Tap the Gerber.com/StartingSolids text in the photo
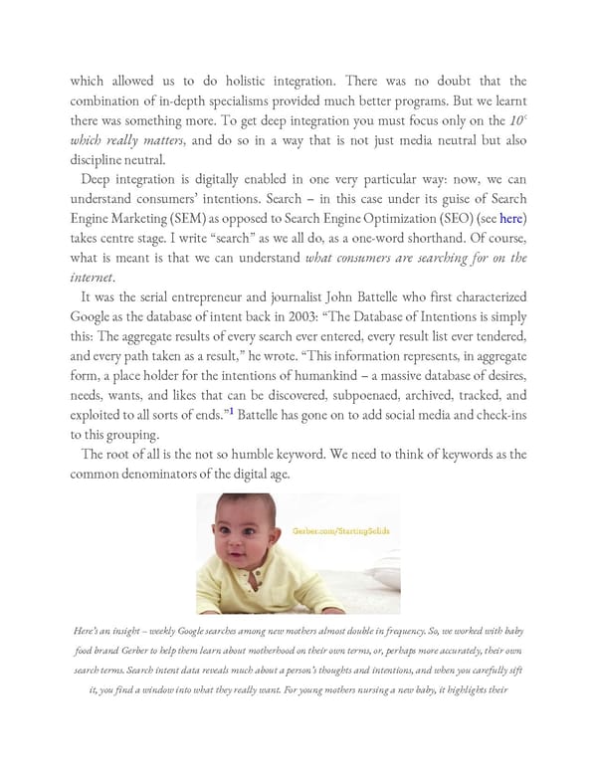(341, 530)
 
